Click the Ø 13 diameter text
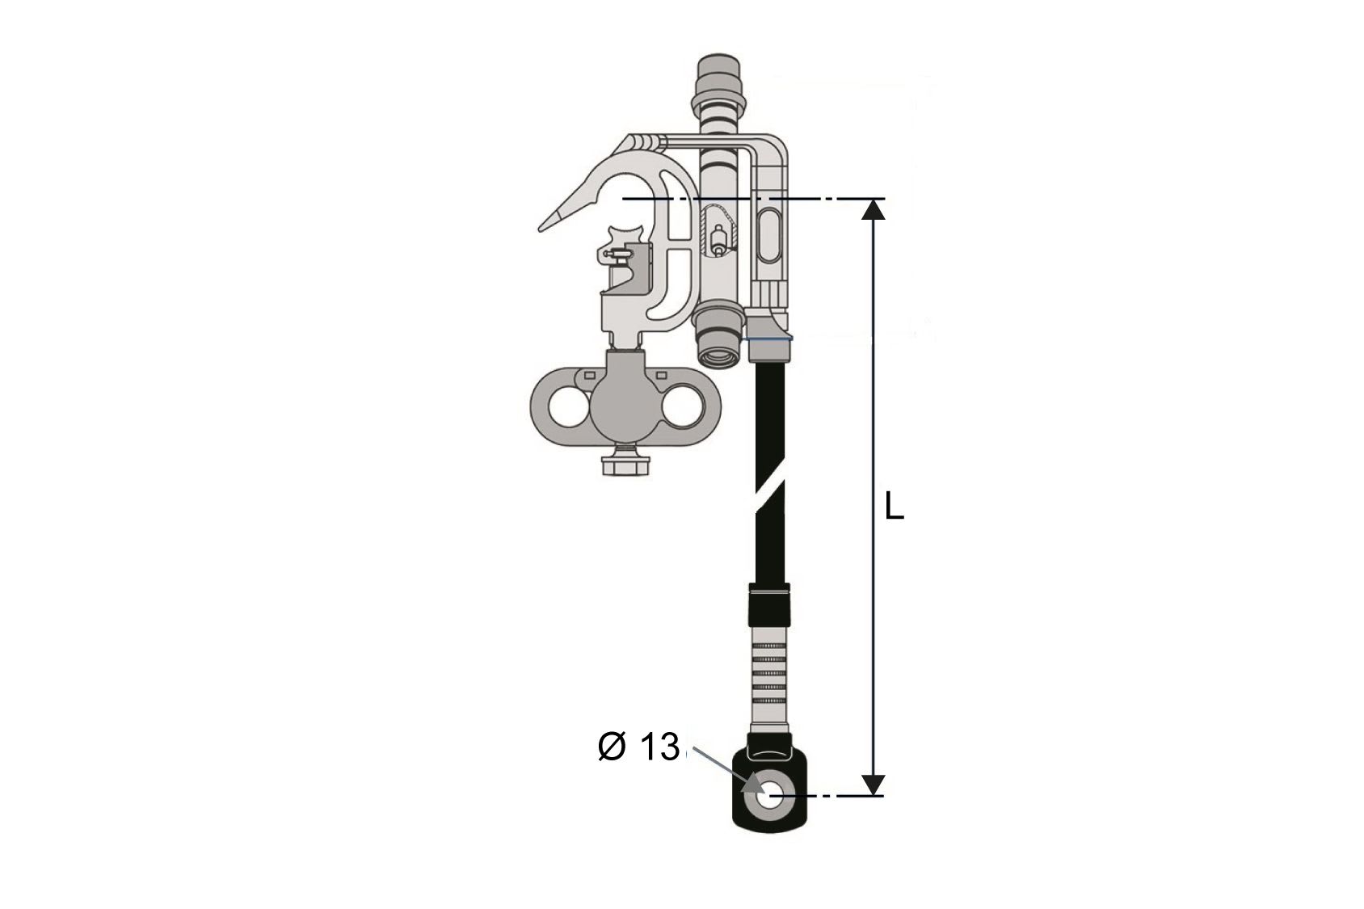[638, 747]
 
